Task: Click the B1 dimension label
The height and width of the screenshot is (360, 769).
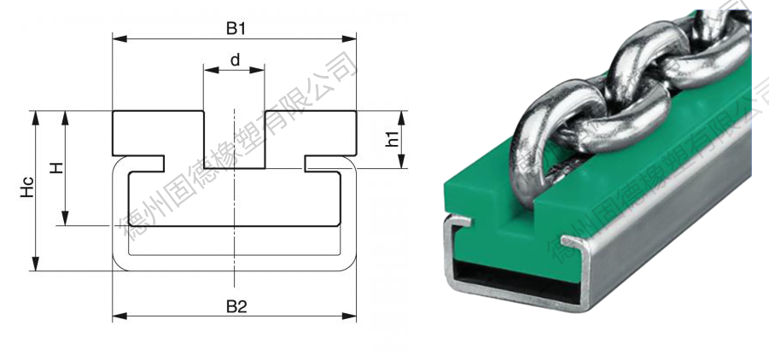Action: click(236, 28)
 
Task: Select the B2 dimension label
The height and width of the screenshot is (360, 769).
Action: click(236, 307)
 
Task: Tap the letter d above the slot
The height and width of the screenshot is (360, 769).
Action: click(236, 61)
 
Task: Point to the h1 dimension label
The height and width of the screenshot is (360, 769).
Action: click(392, 139)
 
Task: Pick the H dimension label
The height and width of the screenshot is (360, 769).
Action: click(57, 168)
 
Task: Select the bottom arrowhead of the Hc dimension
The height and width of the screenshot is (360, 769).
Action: click(35, 264)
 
